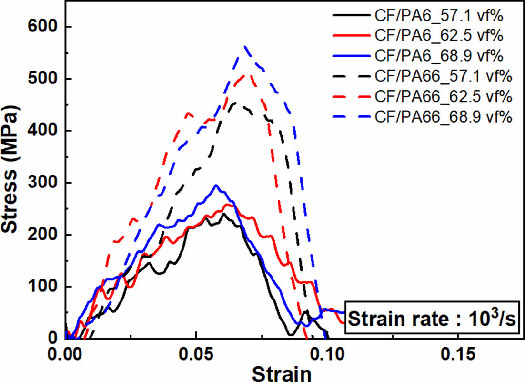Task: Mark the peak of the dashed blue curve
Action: (x=244, y=46)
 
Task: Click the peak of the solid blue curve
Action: (x=216, y=185)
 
